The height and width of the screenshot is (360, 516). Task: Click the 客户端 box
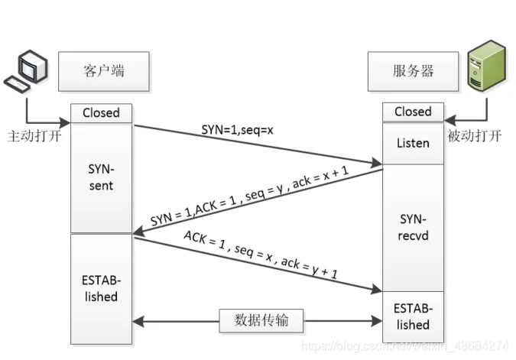tap(104, 71)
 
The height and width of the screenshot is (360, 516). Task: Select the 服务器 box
tap(413, 71)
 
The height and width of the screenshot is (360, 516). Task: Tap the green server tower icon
tap(486, 66)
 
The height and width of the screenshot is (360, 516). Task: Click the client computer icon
tap(26, 71)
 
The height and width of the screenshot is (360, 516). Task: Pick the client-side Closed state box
tap(102, 113)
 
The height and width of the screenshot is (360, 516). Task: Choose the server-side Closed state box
tap(413, 112)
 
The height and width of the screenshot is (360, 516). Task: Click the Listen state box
tap(413, 144)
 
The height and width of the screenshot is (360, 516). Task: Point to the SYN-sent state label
tap(101, 177)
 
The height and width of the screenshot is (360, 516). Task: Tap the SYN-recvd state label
tap(413, 227)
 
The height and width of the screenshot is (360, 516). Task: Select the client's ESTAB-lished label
tap(101, 289)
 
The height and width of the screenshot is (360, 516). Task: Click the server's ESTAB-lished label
tap(413, 316)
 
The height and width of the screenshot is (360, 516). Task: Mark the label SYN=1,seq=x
tap(237, 130)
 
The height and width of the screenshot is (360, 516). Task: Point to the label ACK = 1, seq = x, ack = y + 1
tap(261, 255)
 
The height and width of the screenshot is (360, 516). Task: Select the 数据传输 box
tap(261, 320)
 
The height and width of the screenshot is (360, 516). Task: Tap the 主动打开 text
tap(34, 136)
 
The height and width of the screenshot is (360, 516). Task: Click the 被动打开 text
tap(474, 136)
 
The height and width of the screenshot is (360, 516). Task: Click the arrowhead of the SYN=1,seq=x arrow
tap(377, 162)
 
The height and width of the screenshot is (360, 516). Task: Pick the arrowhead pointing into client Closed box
tap(65, 123)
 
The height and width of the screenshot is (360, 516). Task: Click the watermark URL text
tap(405, 346)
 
